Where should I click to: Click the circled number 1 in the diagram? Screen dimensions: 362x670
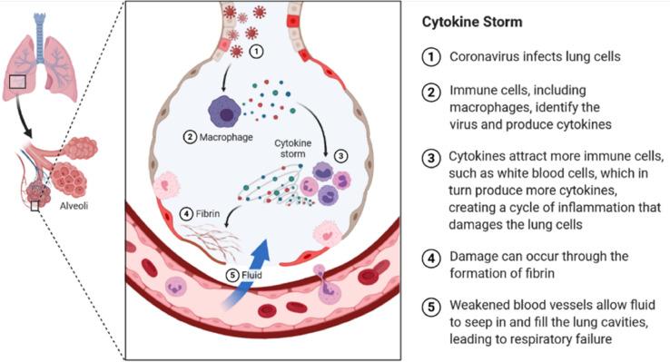(x=258, y=52)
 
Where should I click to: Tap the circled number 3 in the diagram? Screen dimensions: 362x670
(x=340, y=154)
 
